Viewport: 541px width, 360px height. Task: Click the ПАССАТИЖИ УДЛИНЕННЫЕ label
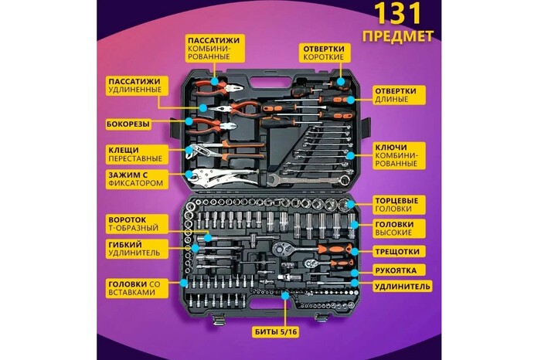pyautogui.click(x=134, y=86)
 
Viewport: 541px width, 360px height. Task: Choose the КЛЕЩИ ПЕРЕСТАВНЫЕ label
pyautogui.click(x=134, y=154)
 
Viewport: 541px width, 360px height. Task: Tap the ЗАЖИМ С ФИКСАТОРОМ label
pyautogui.click(x=137, y=180)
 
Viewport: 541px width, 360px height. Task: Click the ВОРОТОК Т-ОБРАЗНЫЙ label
pyautogui.click(x=134, y=224)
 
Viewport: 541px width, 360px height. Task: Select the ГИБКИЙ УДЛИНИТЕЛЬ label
pyautogui.click(x=134, y=249)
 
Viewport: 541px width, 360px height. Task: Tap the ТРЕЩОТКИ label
pyautogui.click(x=396, y=252)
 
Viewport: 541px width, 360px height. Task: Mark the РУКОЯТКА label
pyautogui.click(x=396, y=271)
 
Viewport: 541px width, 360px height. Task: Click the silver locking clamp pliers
pyautogui.click(x=220, y=176)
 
